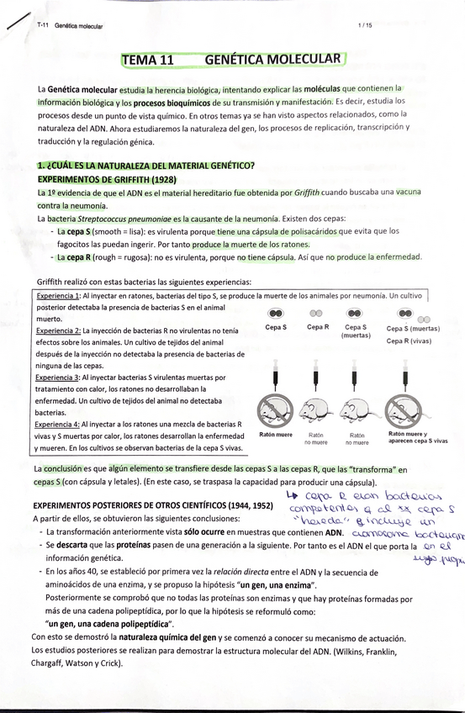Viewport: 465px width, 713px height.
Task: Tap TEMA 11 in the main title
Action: point(148,60)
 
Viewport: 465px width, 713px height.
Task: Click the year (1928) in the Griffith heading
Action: point(160,179)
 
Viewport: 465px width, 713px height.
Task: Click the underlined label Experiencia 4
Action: point(57,425)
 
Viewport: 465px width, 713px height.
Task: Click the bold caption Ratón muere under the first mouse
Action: point(276,436)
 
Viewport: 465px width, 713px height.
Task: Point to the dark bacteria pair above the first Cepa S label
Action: point(275,313)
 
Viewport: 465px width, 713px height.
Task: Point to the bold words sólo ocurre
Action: point(209,532)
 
